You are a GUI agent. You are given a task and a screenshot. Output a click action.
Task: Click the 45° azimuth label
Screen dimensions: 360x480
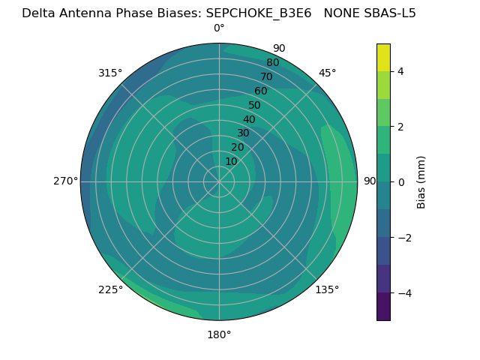pos(328,73)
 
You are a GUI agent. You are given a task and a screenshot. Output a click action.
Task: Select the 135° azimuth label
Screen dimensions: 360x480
pos(327,289)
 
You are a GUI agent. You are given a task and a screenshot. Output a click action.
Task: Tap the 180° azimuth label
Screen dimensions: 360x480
pos(219,334)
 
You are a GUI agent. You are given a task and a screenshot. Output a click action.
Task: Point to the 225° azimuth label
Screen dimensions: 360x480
pos(110,289)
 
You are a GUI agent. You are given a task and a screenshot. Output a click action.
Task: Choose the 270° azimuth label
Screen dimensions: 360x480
pos(66,181)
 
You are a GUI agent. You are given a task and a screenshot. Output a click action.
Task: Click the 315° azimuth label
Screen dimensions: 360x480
pos(110,73)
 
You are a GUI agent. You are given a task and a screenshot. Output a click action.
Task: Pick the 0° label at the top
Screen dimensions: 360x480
pos(219,28)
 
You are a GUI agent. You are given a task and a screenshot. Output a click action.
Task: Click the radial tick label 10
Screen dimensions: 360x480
pos(231,162)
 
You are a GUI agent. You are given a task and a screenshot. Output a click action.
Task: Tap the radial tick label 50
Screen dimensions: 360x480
pos(254,106)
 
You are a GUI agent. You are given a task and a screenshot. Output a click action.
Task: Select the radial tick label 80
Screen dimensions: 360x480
pos(272,63)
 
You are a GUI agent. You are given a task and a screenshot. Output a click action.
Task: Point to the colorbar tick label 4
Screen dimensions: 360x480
pos(401,71)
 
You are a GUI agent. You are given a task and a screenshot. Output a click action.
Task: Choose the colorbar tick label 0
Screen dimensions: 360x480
pos(401,182)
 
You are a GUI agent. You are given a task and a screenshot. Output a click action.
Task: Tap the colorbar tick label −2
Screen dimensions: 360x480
pos(403,238)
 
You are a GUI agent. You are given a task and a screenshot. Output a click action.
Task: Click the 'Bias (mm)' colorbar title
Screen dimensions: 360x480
pos(421,182)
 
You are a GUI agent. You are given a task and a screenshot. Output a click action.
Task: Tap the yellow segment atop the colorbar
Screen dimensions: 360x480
pos(383,57)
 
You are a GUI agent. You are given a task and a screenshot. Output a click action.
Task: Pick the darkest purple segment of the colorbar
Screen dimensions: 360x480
pos(383,307)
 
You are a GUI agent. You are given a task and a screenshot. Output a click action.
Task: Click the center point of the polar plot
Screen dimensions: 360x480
pos(219,181)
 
